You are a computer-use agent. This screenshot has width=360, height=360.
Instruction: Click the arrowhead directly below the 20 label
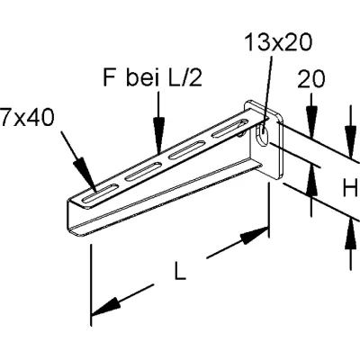click(x=310, y=129)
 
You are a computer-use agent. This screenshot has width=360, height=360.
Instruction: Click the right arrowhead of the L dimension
click(x=256, y=235)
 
